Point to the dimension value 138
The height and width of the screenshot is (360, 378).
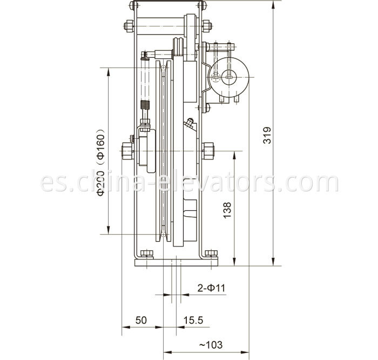point(227,209)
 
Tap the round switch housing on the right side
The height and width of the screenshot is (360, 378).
point(230,77)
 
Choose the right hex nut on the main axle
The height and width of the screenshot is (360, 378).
point(208,150)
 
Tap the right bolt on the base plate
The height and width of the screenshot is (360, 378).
point(212,254)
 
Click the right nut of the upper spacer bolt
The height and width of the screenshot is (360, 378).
point(207,25)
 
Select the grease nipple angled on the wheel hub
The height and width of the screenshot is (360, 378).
point(188,124)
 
